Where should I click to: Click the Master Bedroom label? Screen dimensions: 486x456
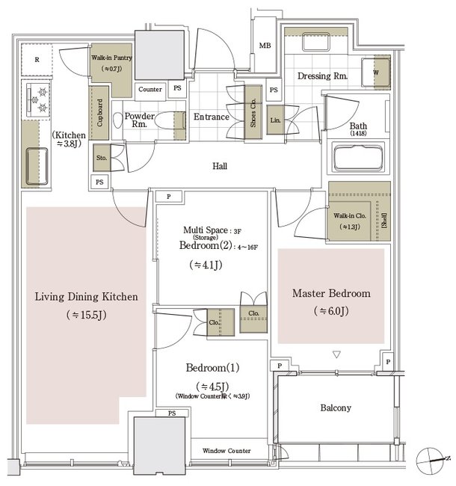coord(331,293)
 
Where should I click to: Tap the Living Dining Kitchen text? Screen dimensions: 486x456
coord(87,297)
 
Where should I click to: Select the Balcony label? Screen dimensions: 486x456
coord(336,408)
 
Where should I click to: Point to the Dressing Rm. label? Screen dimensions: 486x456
coord(322,76)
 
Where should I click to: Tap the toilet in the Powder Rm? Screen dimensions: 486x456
coord(119,121)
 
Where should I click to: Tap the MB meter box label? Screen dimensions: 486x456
coord(264,46)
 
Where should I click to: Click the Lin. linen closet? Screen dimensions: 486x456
coord(275,120)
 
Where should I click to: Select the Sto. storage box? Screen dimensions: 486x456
coord(101,158)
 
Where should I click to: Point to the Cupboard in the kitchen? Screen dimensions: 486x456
coord(98,112)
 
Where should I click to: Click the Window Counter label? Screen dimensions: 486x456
coord(227,451)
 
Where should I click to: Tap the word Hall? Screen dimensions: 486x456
coord(219,167)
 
